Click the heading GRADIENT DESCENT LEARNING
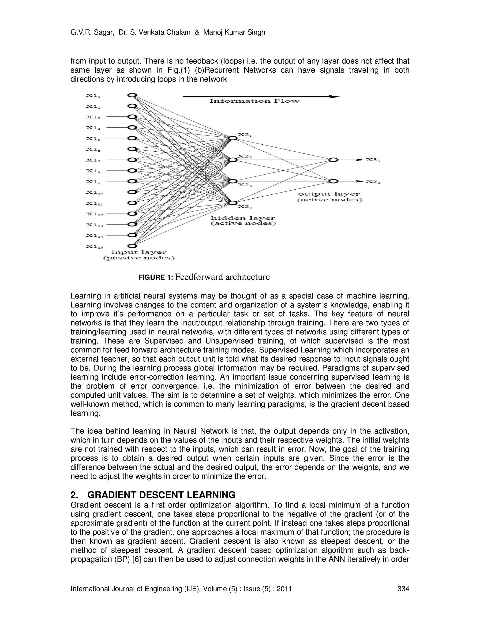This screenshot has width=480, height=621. point(161,495)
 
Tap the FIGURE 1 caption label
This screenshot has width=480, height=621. point(155,277)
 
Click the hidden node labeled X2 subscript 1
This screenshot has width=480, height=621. point(232,138)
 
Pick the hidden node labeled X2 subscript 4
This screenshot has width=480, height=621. point(232,203)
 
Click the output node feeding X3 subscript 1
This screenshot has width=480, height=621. point(333,160)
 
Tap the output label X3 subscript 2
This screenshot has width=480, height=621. point(373,181)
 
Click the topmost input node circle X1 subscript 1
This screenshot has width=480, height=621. point(132,95)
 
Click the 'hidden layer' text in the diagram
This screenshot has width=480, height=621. point(243,218)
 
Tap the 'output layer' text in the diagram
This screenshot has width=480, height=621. point(329,194)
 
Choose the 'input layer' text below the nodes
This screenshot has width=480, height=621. point(139,252)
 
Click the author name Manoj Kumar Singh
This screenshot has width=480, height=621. point(234,32)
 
